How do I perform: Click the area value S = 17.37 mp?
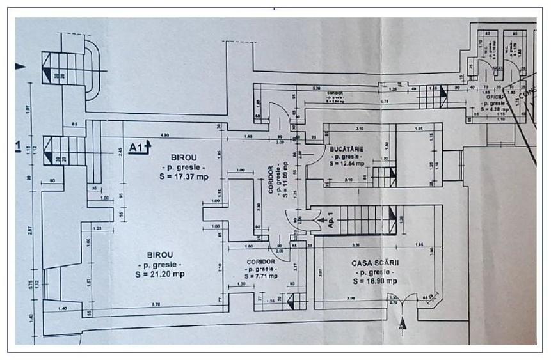(x=184, y=177)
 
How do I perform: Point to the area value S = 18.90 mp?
(x=374, y=280)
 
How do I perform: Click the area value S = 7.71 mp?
(x=260, y=276)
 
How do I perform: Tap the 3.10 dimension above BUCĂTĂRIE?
(x=359, y=130)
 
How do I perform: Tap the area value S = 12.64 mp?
(x=347, y=163)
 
